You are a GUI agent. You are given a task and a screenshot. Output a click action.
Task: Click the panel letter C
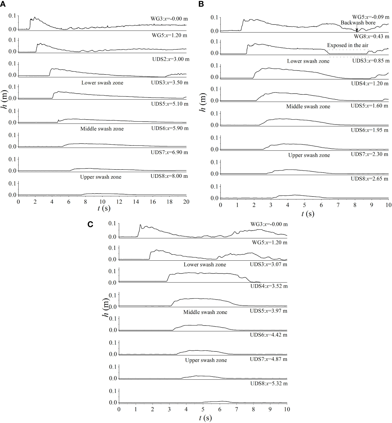coord(90,224)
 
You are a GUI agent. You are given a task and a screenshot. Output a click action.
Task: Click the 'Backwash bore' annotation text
coord(358,23)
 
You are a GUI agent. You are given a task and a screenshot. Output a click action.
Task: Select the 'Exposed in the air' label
coord(347,45)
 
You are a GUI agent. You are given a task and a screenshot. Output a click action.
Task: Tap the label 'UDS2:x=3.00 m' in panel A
coord(171,59)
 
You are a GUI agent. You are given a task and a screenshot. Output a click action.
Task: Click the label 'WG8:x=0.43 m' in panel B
coord(372,36)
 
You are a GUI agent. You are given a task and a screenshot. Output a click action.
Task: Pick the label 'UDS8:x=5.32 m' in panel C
coord(269,384)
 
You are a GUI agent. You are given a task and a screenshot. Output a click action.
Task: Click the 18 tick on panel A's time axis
coord(169,202)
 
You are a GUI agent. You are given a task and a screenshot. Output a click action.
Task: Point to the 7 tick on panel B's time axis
coord(338,205)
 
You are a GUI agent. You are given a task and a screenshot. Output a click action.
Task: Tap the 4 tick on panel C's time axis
coord(186,409)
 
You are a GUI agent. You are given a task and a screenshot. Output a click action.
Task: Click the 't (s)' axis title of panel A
coord(104,208)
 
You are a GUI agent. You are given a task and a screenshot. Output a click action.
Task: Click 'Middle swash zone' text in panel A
coord(102,129)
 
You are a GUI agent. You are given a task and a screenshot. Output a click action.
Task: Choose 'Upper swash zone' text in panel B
coord(309,155)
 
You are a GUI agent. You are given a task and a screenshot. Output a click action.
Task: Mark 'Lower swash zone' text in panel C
coord(205,265)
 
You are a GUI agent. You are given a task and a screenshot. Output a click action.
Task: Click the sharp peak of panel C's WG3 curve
coord(140,225)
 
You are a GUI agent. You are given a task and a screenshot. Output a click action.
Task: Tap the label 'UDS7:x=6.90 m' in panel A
coord(169,152)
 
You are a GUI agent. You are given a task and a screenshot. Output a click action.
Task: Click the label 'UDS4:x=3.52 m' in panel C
coord(269,286)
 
